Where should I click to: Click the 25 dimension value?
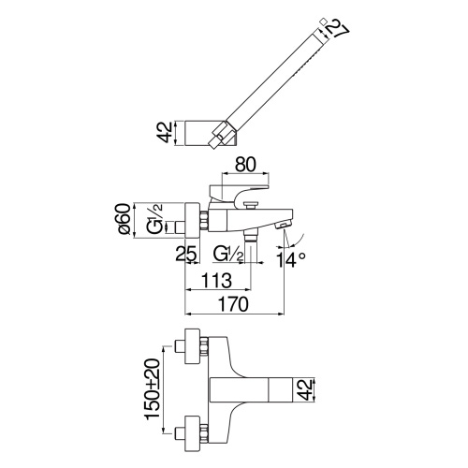click(186, 252)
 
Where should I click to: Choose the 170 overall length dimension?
click(232, 303)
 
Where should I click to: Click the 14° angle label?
click(292, 260)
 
